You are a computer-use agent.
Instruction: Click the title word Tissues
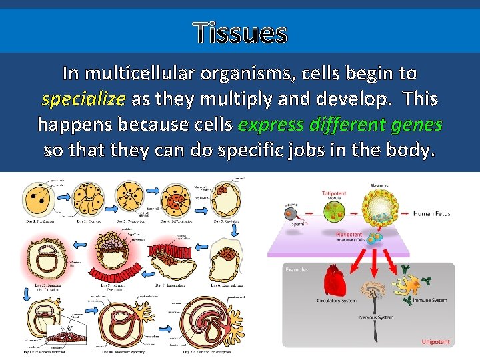click(240, 32)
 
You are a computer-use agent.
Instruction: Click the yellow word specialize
click(83, 99)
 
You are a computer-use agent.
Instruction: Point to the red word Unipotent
click(435, 342)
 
